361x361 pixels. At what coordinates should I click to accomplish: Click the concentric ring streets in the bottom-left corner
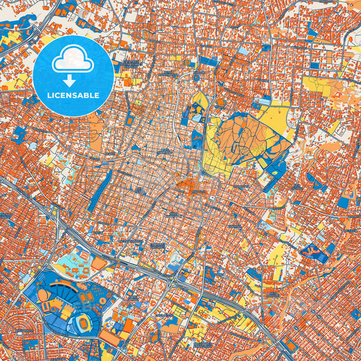[x=14, y=325]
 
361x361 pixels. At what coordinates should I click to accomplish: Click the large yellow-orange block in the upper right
[x=318, y=85]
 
